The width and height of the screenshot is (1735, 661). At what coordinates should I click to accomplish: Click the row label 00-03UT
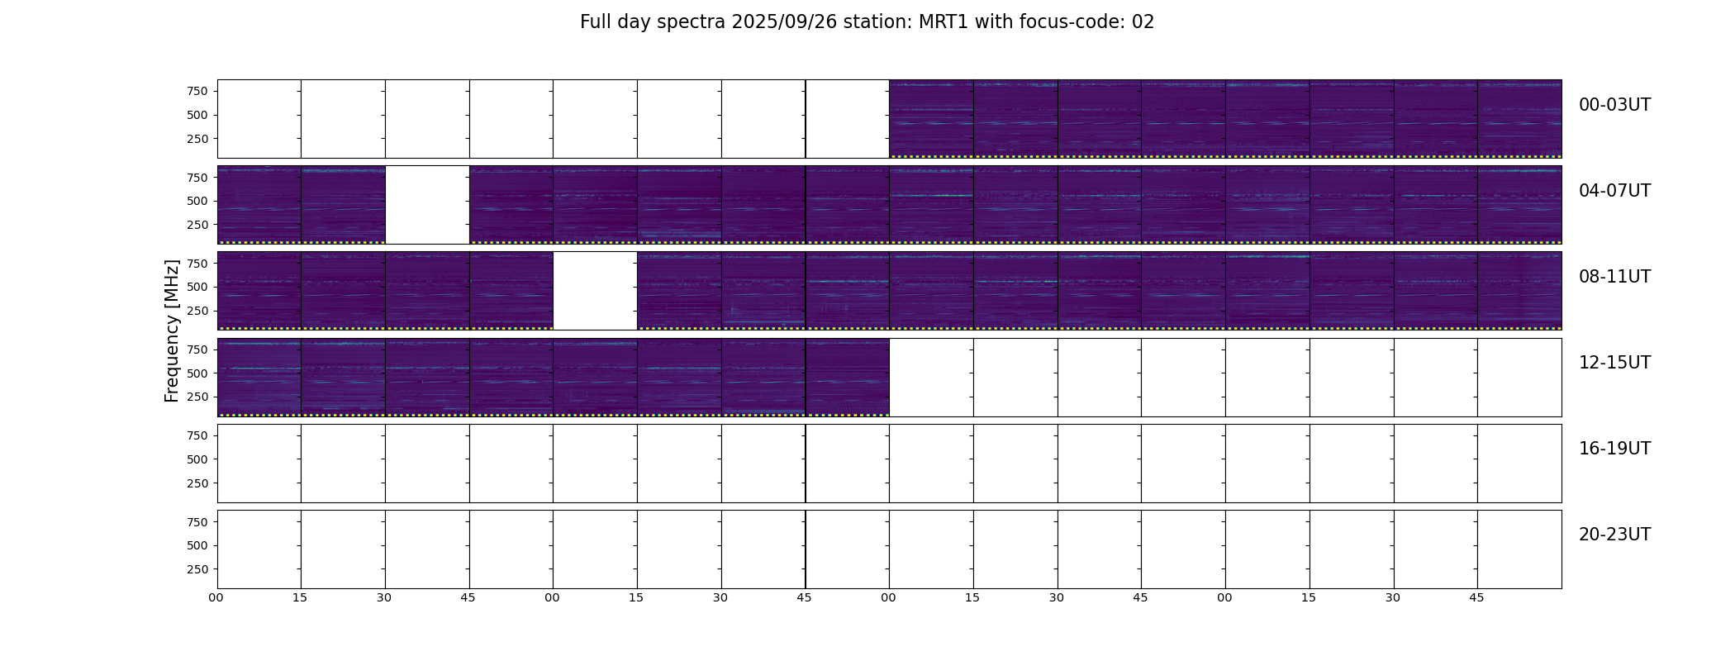click(1614, 105)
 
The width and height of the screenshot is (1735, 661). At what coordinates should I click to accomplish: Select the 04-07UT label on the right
click(1614, 191)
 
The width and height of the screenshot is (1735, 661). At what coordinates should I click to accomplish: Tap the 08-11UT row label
click(1614, 277)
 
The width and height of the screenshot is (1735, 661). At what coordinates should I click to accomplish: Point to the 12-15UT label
click(1614, 363)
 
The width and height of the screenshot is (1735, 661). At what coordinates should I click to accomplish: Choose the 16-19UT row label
click(1614, 449)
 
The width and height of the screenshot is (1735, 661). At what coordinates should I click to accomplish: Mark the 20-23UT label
click(1614, 535)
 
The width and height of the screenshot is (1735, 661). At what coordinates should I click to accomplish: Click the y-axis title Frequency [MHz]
click(172, 330)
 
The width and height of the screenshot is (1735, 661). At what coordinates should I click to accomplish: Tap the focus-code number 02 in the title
click(1143, 22)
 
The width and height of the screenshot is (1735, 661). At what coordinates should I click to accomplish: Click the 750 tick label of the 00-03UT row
click(197, 91)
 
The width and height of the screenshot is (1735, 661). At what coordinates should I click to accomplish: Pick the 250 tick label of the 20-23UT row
click(197, 569)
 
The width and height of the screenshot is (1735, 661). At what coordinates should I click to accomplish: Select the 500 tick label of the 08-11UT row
click(197, 287)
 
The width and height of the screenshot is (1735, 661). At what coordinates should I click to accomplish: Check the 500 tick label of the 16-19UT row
click(197, 459)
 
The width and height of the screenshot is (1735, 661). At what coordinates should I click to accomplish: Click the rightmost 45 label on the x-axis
click(1476, 597)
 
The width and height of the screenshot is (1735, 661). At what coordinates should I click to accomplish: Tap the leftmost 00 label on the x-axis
click(216, 597)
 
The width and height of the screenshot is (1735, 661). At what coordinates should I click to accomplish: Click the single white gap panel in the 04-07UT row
click(427, 205)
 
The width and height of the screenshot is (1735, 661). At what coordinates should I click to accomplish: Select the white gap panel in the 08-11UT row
click(595, 291)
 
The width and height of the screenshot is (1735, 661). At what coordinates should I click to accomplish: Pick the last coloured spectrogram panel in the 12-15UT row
click(848, 377)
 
